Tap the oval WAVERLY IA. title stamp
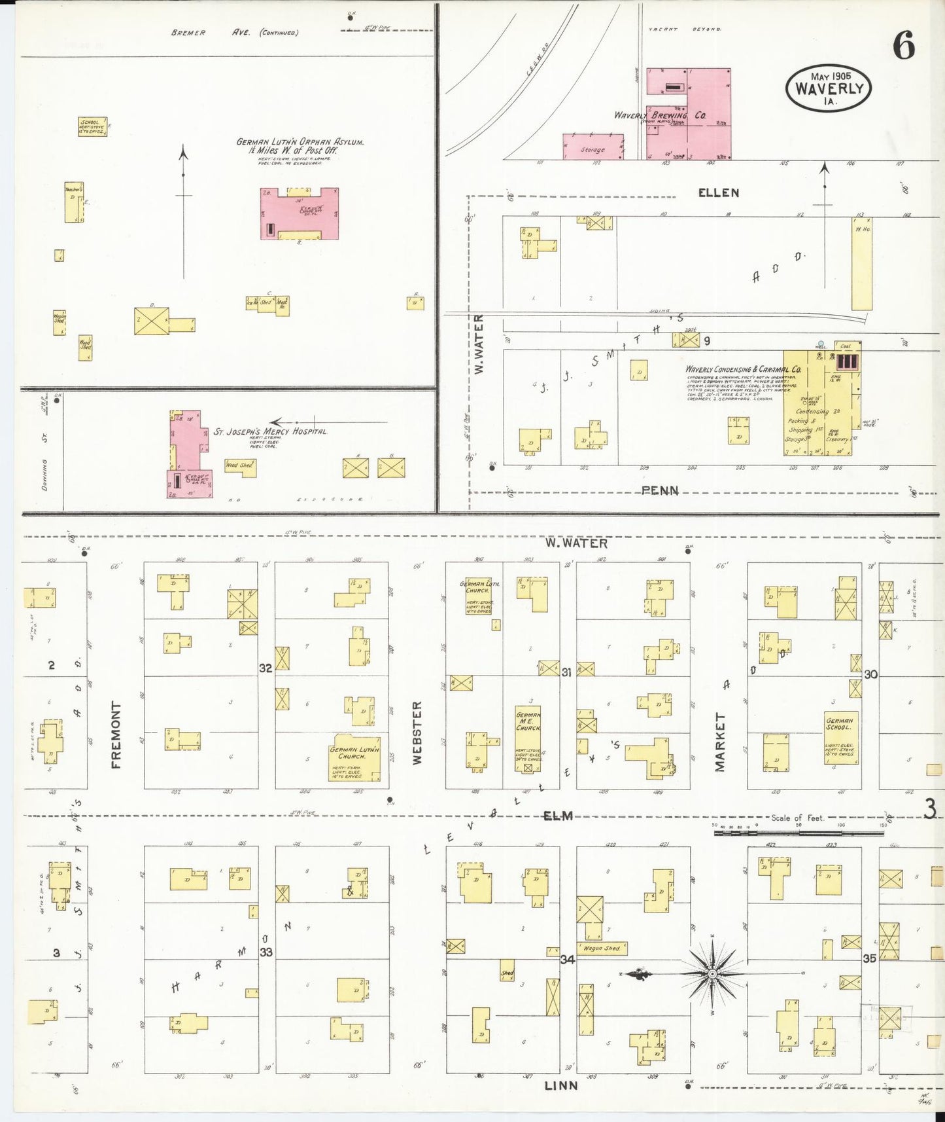(829, 88)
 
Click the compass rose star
(712, 974)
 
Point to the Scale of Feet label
(797, 818)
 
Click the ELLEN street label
(718, 192)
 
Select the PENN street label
(659, 490)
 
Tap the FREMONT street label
(116, 734)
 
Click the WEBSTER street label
(417, 733)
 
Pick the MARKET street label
(719, 742)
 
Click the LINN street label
(560, 1085)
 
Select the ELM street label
(558, 816)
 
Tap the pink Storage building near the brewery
(593, 147)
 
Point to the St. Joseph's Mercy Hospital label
(270, 431)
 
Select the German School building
(840, 738)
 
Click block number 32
(266, 668)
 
